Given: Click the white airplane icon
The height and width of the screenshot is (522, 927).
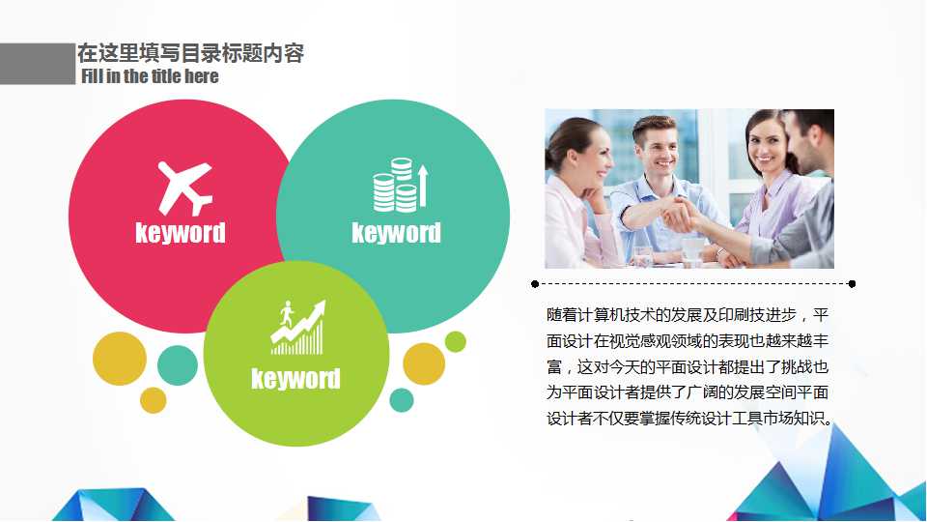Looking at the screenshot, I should point(184,188).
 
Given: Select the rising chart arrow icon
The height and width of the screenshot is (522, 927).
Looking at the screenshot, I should point(298,328).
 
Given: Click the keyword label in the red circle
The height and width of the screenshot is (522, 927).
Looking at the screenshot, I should point(181,233).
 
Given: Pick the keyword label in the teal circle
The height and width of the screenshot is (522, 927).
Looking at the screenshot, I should point(396,233).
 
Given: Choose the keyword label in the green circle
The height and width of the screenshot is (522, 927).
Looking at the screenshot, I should point(295,378).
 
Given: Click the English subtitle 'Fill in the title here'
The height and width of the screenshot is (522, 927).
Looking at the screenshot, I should point(151,76).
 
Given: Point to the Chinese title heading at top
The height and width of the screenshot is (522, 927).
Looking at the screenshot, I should point(190,53).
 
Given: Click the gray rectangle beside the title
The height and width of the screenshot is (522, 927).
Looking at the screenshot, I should point(37,64).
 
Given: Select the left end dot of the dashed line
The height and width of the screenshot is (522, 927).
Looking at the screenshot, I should point(535,284).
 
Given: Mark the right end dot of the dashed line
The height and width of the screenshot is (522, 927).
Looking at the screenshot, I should point(852,284).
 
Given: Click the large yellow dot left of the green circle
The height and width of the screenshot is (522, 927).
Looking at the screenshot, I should point(120,359).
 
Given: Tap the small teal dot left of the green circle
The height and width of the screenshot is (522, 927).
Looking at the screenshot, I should point(177,364).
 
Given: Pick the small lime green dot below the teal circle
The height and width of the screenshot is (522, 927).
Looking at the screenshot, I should point(456,341).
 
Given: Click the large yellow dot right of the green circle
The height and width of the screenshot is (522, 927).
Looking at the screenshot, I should point(423,364).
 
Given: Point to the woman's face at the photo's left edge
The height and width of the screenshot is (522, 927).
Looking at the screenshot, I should point(577,152).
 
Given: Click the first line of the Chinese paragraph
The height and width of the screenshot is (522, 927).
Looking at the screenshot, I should point(687,315).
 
